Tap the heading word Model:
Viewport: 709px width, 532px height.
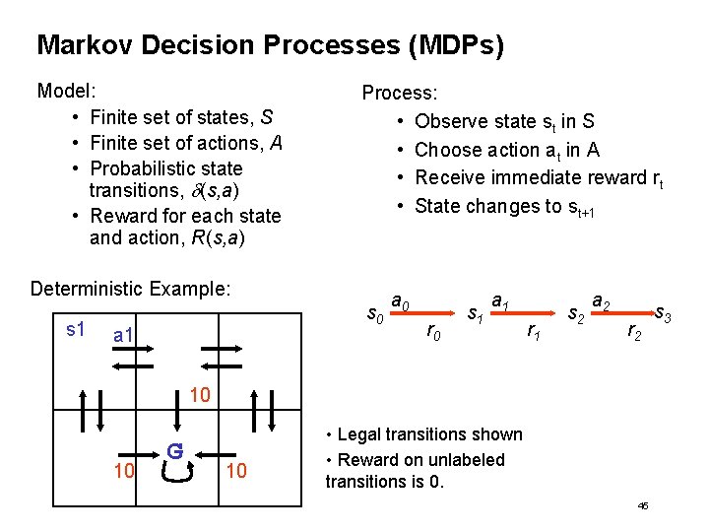pyautogui.click(x=66, y=92)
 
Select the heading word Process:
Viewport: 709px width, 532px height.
pyautogui.click(x=400, y=94)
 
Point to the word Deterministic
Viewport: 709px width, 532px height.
pyautogui.click(x=90, y=289)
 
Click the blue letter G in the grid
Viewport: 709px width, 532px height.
pyautogui.click(x=174, y=451)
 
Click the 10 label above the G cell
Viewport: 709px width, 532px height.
pyautogui.click(x=200, y=396)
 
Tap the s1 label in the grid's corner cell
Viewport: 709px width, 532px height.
pyautogui.click(x=76, y=329)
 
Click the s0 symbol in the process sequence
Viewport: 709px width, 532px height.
pyautogui.click(x=374, y=316)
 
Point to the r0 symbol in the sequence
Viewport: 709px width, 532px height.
pyautogui.click(x=430, y=333)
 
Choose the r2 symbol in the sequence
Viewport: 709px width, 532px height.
pyautogui.click(x=636, y=333)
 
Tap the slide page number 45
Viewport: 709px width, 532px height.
pyautogui.click(x=643, y=504)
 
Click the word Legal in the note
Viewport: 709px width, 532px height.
pyautogui.click(x=360, y=434)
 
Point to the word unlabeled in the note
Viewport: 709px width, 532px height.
pyautogui.click(x=464, y=460)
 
